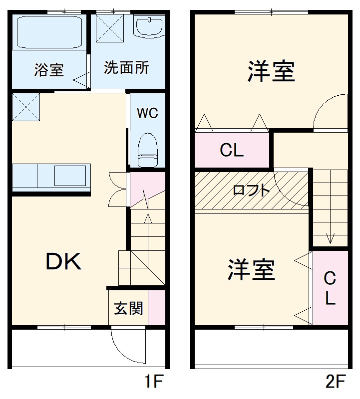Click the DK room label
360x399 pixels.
63,261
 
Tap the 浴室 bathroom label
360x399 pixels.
49,70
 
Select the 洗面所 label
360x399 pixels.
126,68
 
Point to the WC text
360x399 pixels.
147,113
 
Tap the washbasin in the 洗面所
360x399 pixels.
148,27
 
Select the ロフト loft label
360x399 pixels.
252,190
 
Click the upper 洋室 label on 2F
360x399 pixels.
271,71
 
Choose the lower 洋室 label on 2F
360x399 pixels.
252,269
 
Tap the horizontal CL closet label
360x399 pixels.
232,150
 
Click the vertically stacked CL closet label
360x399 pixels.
330,288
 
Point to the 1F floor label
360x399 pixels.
154,383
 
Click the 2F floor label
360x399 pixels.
335,383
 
